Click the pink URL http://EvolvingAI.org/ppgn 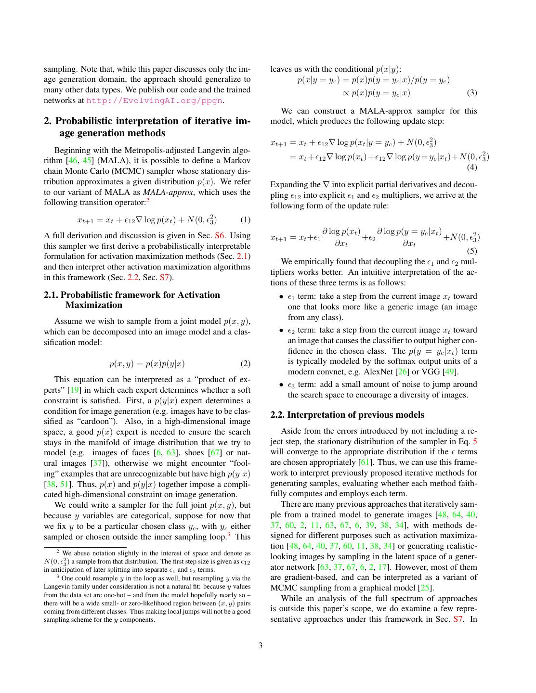[154, 101]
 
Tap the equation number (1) [245, 220]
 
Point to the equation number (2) [245, 364]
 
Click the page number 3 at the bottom [261, 646]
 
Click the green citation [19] [74, 390]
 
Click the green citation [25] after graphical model [425, 588]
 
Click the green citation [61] [364, 462]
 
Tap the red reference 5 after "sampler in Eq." [475, 441]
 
